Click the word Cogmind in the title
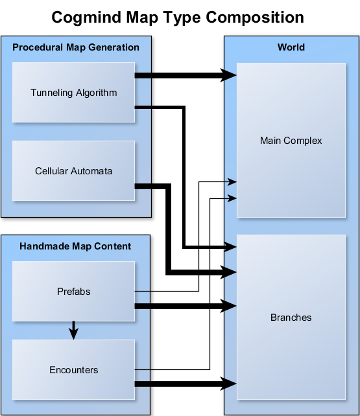point(87,17)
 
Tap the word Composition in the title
point(255,17)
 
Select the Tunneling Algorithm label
point(73,93)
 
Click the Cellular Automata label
point(73,171)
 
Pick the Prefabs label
point(73,292)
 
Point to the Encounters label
point(73,369)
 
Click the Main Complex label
point(291,141)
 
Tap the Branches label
point(291,318)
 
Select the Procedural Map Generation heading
point(76,47)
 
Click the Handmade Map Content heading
point(75,246)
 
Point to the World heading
point(291,47)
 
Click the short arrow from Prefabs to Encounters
point(73,330)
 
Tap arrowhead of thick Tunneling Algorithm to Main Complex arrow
point(228,75)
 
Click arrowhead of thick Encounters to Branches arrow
point(228,384)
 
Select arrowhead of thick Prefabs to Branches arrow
point(228,306)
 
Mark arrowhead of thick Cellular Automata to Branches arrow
point(228,272)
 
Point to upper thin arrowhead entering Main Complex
point(232,181)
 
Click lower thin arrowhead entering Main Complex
point(232,198)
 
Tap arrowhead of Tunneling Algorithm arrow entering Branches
point(230,247)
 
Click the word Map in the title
point(142,17)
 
